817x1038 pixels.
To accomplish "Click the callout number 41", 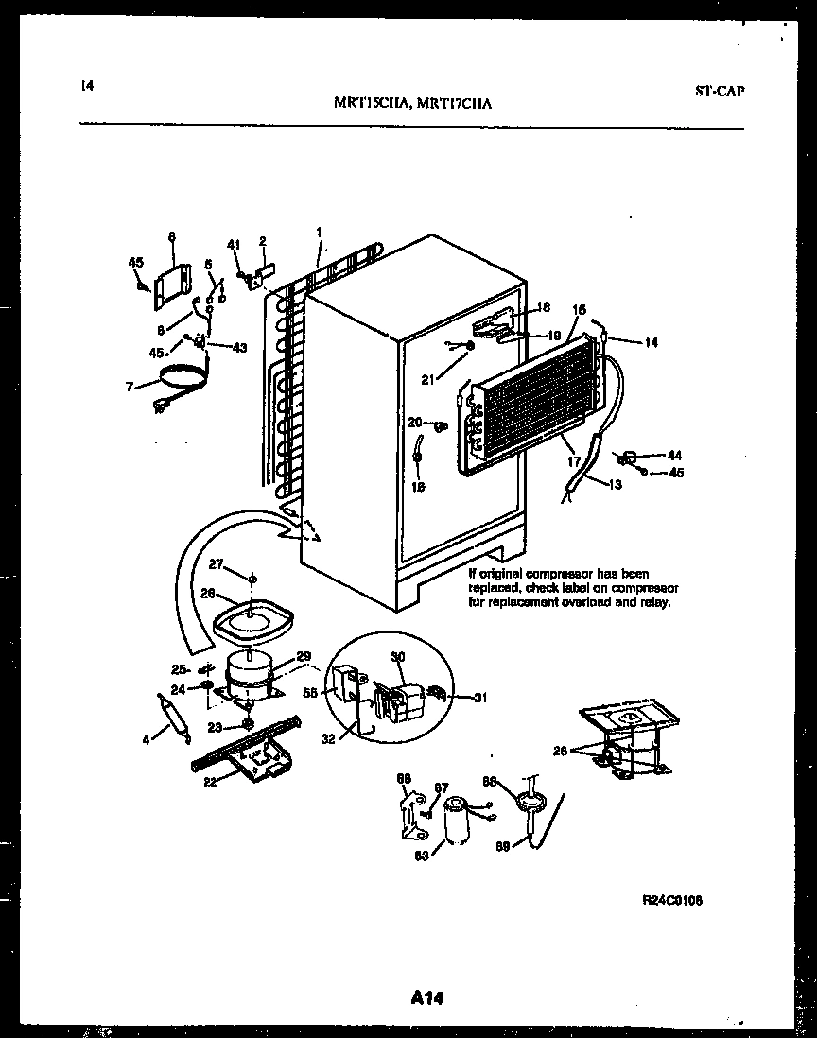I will click(x=234, y=243).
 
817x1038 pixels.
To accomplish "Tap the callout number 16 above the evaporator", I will click(x=580, y=309).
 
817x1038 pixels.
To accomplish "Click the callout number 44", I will click(x=673, y=455).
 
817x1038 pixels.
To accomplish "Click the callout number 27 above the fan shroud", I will click(x=216, y=564).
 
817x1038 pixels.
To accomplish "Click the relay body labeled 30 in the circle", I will click(x=398, y=698).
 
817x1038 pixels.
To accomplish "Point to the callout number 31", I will click(x=479, y=698).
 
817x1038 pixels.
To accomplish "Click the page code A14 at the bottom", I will click(x=428, y=997).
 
